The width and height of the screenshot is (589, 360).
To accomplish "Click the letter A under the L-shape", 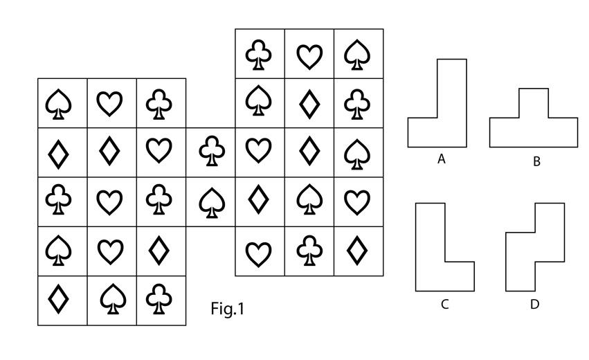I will pyautogui.click(x=441, y=159).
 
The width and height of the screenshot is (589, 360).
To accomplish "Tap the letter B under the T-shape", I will pyautogui.click(x=536, y=162).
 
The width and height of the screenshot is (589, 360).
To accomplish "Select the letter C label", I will pyautogui.click(x=444, y=303).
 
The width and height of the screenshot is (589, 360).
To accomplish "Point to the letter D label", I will pyautogui.click(x=534, y=303).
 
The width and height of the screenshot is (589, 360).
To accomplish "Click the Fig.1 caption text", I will pyautogui.click(x=228, y=309).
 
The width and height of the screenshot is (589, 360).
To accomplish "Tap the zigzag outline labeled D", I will pyautogui.click(x=535, y=249).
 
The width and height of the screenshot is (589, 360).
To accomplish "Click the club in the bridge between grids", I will pyautogui.click(x=210, y=152).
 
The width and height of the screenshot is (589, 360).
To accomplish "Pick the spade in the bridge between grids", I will pyautogui.click(x=210, y=201).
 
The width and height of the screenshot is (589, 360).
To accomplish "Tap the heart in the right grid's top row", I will pyautogui.click(x=309, y=54).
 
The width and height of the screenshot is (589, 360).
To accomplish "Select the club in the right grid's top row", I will pyautogui.click(x=260, y=54).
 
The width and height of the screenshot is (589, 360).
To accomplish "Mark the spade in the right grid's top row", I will pyautogui.click(x=359, y=54).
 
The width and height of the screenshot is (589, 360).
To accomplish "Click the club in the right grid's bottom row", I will pyautogui.click(x=309, y=251).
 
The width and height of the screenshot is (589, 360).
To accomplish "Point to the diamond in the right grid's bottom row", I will pyautogui.click(x=359, y=251).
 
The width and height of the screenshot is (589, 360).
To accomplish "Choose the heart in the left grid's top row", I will pyautogui.click(x=111, y=103).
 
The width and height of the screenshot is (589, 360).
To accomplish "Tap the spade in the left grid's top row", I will pyautogui.click(x=62, y=103).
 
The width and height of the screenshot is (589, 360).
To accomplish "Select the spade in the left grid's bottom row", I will pyautogui.click(x=111, y=300).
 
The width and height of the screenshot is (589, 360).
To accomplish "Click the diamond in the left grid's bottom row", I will pyautogui.click(x=62, y=300).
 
